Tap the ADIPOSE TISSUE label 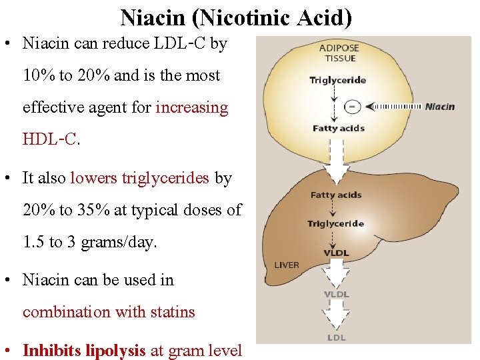tap(339, 53)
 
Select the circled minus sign tap(353, 106)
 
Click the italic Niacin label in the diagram tap(439, 106)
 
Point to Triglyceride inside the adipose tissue tap(337, 81)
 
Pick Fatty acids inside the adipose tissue tap(338, 128)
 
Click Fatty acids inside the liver tap(336, 195)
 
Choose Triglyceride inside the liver tap(335, 224)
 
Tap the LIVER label tap(287, 265)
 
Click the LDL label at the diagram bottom tap(337, 338)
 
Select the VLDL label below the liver tap(337, 294)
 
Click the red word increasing tap(192, 107)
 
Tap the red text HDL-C tap(50, 139)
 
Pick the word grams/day tap(119, 243)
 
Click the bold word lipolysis tap(115, 351)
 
